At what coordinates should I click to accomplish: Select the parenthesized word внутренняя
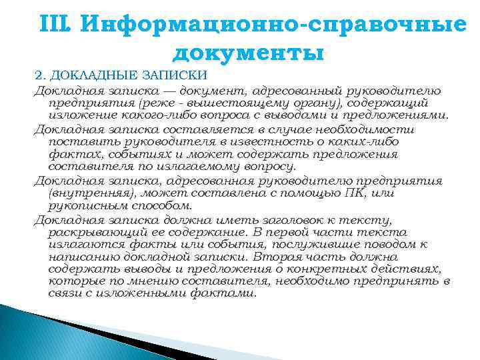point(85,193)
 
